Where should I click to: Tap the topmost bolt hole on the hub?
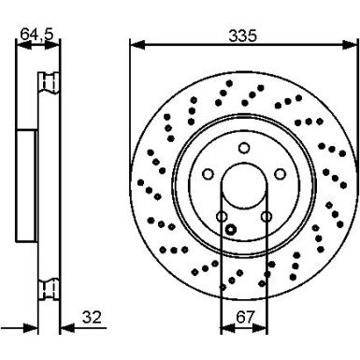pos(242,147)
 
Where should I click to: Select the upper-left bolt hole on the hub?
pos(206,174)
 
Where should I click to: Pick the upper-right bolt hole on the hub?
pos(279,174)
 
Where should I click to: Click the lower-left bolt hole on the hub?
pos(221,217)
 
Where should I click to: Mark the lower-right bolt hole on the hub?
pos(266,217)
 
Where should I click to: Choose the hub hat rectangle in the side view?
pos(26,187)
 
